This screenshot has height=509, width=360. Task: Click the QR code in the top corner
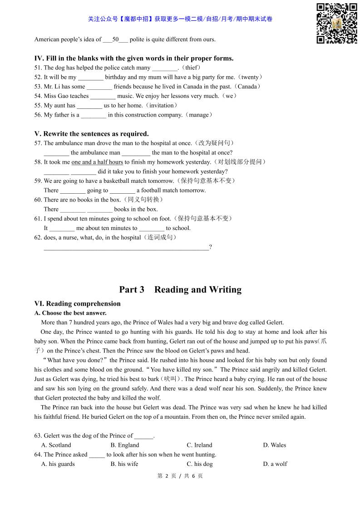(x=336, y=23)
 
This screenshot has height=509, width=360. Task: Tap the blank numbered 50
(x=115, y=39)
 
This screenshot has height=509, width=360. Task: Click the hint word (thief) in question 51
(x=191, y=68)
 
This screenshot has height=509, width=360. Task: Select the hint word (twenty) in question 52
(x=250, y=77)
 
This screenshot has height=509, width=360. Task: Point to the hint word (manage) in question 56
(x=198, y=115)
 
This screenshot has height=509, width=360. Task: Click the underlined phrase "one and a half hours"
(x=97, y=162)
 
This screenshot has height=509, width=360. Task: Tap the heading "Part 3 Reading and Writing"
(x=180, y=289)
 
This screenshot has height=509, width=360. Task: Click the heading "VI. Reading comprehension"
(x=78, y=303)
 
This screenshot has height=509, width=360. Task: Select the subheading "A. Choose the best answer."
(x=70, y=313)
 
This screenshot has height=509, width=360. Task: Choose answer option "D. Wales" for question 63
(x=274, y=445)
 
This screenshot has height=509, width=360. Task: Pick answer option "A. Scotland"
(x=56, y=445)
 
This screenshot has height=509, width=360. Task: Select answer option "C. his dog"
(x=199, y=464)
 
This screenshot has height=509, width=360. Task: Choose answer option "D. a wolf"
(x=275, y=464)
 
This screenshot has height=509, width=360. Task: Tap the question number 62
(x=38, y=237)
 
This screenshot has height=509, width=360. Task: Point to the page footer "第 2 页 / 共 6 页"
(x=180, y=476)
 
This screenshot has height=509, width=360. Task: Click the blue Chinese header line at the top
(x=180, y=19)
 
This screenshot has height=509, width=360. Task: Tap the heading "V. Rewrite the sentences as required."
(x=92, y=134)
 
